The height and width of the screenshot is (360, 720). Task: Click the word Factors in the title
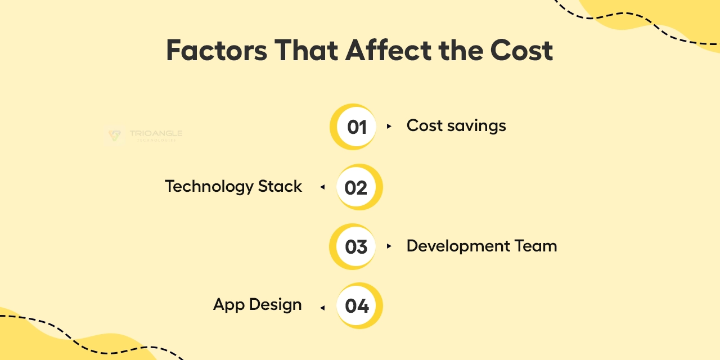click(217, 50)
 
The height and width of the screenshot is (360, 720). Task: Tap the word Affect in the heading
click(388, 50)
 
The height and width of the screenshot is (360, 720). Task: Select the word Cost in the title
click(521, 50)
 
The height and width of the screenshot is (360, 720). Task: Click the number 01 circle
click(353, 127)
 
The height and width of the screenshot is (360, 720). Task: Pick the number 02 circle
click(359, 187)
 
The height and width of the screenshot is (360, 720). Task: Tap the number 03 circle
click(353, 246)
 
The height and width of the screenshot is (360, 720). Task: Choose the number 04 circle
click(359, 305)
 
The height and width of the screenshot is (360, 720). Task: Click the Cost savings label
click(456, 125)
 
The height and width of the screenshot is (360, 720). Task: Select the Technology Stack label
click(233, 187)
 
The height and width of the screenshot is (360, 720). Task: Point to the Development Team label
click(481, 246)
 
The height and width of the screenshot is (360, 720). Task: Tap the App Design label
click(258, 305)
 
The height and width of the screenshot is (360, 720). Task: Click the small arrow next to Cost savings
click(389, 127)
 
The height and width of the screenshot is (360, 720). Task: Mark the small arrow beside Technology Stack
click(322, 187)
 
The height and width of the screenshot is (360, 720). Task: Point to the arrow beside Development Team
click(389, 246)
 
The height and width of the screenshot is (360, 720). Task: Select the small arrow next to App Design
click(322, 308)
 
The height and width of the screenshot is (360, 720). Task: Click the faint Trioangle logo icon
click(115, 136)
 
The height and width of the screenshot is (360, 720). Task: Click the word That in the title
click(306, 50)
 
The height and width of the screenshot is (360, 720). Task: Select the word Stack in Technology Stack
click(280, 186)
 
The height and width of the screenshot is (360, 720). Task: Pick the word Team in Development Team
click(535, 246)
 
